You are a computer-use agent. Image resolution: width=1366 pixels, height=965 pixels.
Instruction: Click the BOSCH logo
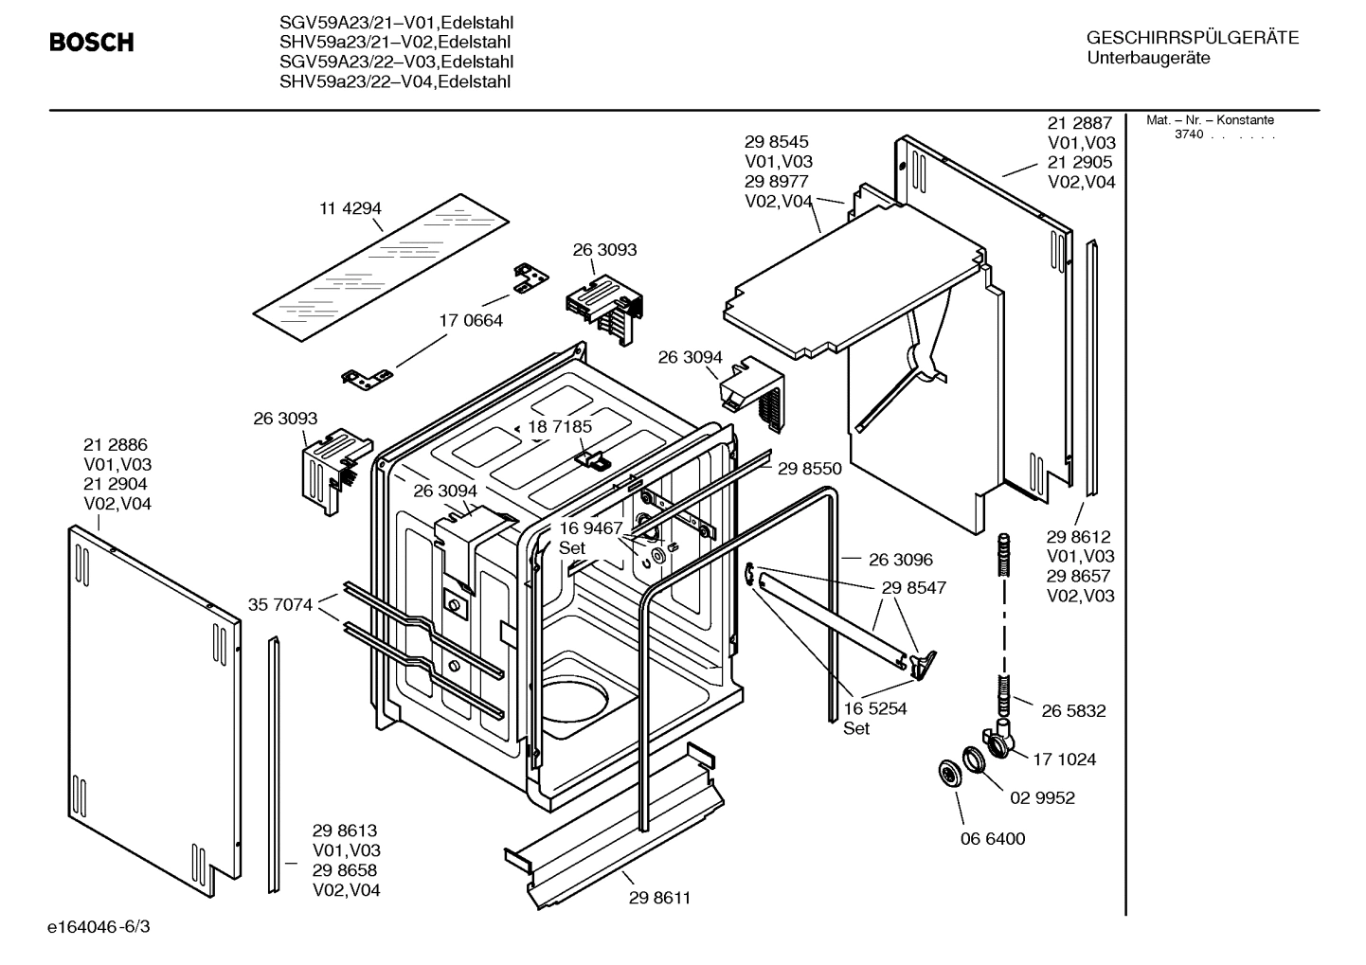(x=92, y=43)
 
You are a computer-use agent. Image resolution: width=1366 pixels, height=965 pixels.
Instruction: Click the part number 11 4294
(x=350, y=208)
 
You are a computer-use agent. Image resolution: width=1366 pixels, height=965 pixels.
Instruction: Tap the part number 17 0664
(x=471, y=320)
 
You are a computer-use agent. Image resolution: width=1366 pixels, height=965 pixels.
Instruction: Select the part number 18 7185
(x=560, y=426)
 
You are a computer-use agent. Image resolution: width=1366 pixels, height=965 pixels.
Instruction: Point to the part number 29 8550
(x=809, y=468)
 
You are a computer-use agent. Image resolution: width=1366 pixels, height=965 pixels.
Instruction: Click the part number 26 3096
(x=900, y=560)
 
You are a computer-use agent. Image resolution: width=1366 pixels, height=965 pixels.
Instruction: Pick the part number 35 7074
(x=279, y=604)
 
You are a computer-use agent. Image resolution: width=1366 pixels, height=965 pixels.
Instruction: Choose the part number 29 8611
(x=659, y=898)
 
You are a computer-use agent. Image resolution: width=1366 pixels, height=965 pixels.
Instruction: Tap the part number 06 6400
(x=992, y=838)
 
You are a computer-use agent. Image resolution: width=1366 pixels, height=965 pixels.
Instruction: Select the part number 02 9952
(x=1042, y=797)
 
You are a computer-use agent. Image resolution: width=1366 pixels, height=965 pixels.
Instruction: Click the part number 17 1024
(x=1064, y=759)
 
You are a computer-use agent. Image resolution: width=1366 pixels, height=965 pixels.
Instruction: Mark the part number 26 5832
(x=1073, y=710)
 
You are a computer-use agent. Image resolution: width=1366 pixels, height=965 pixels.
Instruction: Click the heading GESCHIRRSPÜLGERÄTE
(x=1192, y=38)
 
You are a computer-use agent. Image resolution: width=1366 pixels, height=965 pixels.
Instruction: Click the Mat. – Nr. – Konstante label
(x=1210, y=120)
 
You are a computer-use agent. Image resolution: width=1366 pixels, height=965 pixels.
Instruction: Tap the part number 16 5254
(x=874, y=708)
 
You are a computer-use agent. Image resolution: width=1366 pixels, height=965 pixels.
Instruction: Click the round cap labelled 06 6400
(x=948, y=773)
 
